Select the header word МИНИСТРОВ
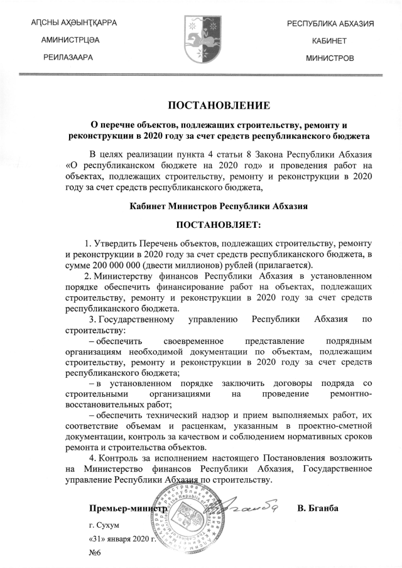click(330, 57)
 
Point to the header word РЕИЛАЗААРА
click(68, 57)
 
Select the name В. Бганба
click(318, 507)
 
